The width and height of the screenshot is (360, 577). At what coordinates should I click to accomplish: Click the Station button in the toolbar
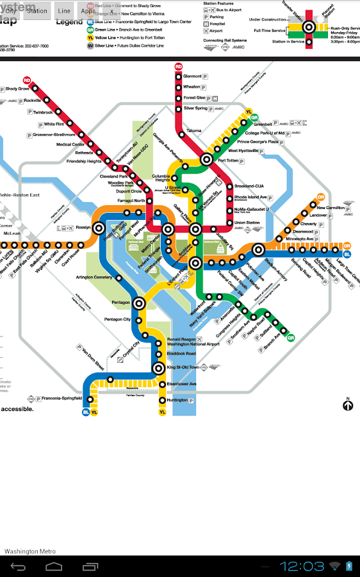pyautogui.click(x=37, y=11)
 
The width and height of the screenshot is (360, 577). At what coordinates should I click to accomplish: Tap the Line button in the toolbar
pyautogui.click(x=64, y=11)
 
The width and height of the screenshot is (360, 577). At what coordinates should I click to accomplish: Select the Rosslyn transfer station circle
pyautogui.click(x=99, y=228)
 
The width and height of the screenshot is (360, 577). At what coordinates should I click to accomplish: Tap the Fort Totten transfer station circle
pyautogui.click(x=207, y=159)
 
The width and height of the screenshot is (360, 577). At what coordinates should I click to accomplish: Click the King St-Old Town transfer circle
pyautogui.click(x=159, y=368)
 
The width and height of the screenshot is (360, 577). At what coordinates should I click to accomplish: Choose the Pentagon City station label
pyautogui.click(x=117, y=319)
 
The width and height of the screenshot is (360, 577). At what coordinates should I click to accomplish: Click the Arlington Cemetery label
pyautogui.click(x=94, y=278)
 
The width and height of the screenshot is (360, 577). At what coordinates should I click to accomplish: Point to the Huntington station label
pyautogui.click(x=177, y=400)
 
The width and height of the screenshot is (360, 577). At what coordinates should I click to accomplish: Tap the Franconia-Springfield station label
pyautogui.click(x=62, y=398)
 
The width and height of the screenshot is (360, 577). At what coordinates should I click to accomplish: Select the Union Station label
pyautogui.click(x=247, y=222)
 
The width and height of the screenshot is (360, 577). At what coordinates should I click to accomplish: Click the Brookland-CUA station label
pyautogui.click(x=250, y=186)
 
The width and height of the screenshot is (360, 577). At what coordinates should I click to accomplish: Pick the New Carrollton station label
pyautogui.click(x=331, y=208)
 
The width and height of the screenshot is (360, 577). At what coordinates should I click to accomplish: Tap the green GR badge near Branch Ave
pyautogui.click(x=290, y=338)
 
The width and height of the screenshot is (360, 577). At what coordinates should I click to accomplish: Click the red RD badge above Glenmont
pyautogui.click(x=179, y=67)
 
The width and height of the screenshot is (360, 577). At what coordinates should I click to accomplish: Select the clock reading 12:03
pyautogui.click(x=302, y=566)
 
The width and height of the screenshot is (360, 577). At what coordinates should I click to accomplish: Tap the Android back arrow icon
pyautogui.click(x=18, y=566)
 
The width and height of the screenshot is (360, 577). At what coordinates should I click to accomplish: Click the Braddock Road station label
pyautogui.click(x=181, y=353)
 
